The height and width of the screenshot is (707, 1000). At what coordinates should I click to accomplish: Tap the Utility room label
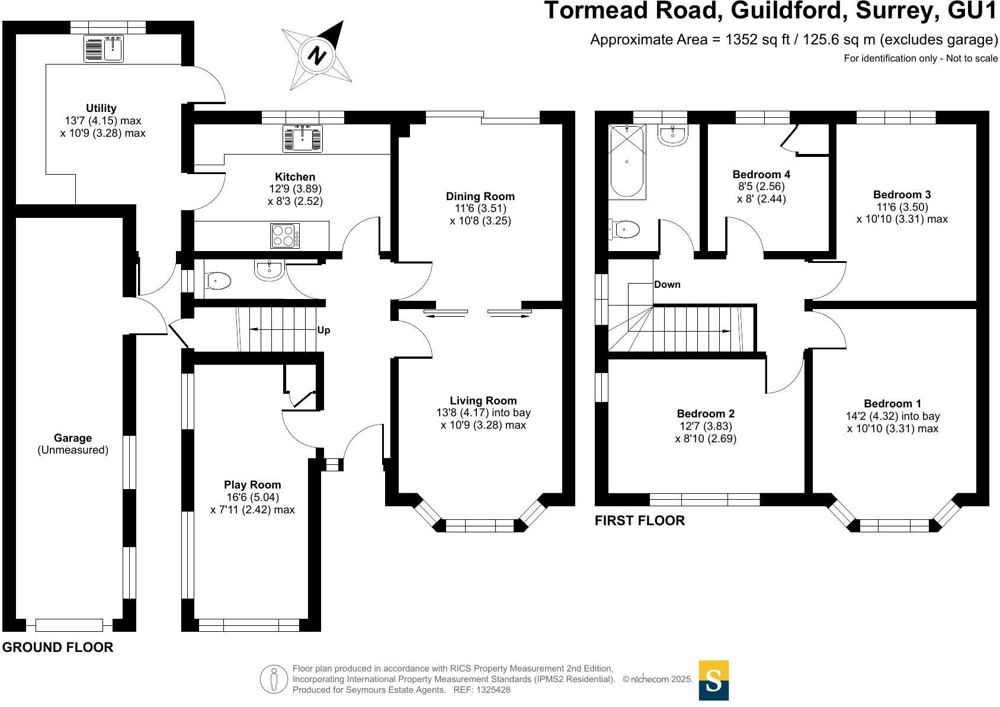101,108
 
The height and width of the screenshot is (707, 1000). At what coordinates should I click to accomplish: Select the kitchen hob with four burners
285,236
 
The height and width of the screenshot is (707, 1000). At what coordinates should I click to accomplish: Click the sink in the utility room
104,49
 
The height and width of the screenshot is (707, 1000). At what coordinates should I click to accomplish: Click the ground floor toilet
217,281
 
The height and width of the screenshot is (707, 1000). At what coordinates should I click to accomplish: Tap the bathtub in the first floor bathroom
627,160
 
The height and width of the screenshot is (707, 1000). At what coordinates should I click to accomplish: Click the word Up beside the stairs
323,330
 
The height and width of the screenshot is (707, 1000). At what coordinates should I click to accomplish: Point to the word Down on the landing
667,285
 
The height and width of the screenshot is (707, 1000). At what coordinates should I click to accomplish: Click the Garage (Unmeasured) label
73,444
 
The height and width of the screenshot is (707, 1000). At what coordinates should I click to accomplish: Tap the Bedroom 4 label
761,175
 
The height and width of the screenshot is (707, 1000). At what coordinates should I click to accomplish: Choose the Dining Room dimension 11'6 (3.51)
480,208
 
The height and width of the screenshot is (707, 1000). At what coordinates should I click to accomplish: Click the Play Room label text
252,485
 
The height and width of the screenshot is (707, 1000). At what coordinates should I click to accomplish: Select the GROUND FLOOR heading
57,647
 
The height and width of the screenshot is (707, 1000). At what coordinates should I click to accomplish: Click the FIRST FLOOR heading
640,520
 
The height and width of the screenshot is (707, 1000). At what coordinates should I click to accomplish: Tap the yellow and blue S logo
714,680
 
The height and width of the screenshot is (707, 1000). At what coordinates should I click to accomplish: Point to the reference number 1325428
491,690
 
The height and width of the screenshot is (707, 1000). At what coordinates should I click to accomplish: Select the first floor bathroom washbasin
673,136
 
